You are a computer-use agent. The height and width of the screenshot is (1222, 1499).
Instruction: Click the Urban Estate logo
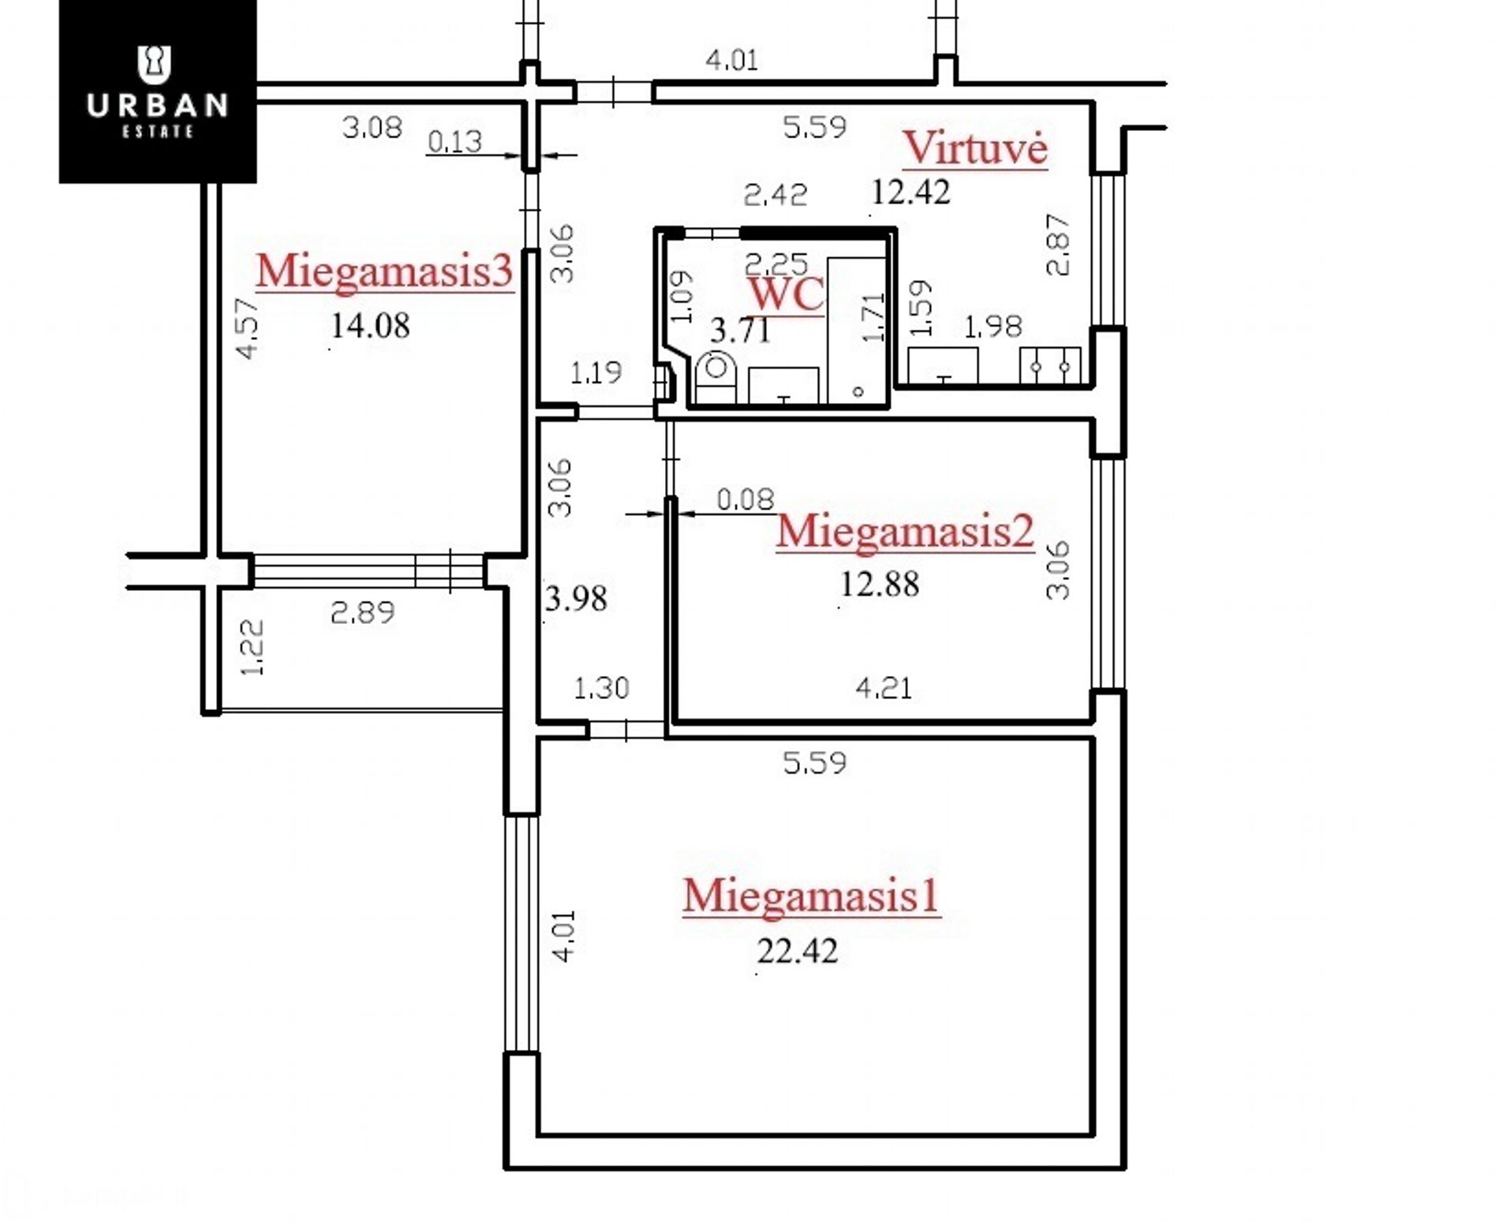[158, 92]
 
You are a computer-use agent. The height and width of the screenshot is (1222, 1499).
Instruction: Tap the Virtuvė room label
[975, 148]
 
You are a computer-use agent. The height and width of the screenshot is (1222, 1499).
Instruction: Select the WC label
[786, 293]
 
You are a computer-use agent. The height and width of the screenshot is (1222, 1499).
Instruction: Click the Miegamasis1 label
[811, 896]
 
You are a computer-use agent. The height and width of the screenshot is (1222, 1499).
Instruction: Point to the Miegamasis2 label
[905, 531]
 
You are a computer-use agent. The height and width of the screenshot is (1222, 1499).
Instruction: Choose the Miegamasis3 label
[384, 271]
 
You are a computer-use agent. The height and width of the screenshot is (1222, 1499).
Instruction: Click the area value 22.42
[798, 951]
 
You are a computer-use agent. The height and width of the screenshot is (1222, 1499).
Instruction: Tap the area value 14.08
[370, 325]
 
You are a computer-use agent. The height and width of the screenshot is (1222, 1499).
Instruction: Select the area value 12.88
[880, 585]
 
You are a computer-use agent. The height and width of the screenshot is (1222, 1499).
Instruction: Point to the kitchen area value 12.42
[910, 192]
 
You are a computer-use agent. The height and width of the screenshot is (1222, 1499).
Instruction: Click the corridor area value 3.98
[576, 599]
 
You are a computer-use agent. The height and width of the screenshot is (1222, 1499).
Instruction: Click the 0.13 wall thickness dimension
[454, 141]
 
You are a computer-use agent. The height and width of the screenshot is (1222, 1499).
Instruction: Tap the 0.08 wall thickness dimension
[746, 499]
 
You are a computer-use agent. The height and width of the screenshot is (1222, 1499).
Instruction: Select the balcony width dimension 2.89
[362, 612]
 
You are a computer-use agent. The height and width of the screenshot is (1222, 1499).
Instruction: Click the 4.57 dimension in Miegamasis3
[247, 327]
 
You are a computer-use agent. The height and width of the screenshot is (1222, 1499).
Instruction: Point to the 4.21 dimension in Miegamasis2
[884, 689]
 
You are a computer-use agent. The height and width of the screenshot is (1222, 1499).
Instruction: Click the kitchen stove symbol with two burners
[1050, 365]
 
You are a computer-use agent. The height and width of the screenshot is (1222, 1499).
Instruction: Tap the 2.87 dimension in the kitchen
[1058, 244]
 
